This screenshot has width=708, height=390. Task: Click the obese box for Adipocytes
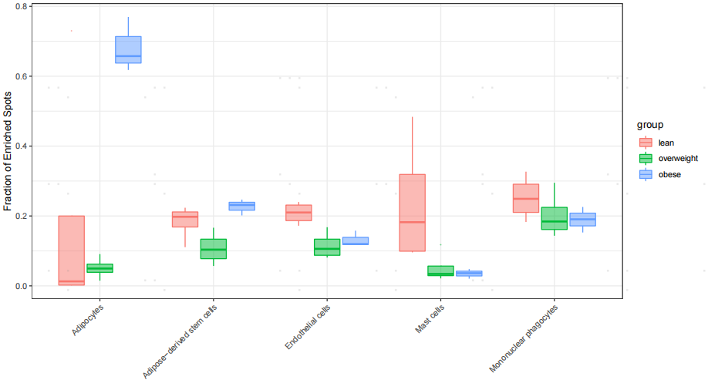click(128, 50)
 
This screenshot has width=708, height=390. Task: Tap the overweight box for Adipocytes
click(99, 267)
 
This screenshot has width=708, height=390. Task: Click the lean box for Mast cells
click(412, 213)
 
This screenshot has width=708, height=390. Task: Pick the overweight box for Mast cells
click(440, 271)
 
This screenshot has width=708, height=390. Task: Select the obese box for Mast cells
click(469, 273)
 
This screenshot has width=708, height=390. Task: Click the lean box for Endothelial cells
click(298, 213)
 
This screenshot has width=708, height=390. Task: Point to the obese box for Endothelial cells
click(356, 240)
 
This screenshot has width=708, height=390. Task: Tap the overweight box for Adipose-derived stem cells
click(213, 248)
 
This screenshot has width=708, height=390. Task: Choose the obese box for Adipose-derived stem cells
click(241, 206)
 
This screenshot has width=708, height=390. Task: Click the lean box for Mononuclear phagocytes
click(526, 198)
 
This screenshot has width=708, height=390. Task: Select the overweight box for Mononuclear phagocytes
click(555, 218)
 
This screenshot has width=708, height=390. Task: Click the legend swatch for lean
click(646, 142)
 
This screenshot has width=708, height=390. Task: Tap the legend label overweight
click(677, 158)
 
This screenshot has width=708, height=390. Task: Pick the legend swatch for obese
click(646, 174)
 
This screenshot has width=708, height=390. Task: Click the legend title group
click(650, 124)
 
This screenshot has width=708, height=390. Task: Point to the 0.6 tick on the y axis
click(21, 76)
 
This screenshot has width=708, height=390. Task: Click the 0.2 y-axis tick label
click(21, 216)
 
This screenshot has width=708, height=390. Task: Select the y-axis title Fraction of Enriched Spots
click(8, 149)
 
